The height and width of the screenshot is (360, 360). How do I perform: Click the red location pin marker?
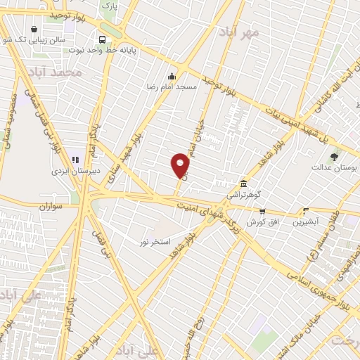click(181, 166)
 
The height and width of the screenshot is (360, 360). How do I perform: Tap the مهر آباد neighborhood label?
click(239, 32)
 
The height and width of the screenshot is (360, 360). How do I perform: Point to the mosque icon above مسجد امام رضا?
click(171, 76)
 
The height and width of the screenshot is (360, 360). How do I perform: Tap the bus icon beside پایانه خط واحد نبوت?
click(103, 40)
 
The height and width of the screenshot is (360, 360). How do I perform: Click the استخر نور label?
click(155, 242)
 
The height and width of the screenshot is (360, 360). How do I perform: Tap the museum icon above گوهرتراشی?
click(243, 182)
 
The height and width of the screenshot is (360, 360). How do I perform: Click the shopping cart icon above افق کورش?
click(262, 210)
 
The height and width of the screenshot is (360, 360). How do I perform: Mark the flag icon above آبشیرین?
click(305, 210)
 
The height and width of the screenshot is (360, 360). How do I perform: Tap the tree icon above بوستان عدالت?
click(333, 157)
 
